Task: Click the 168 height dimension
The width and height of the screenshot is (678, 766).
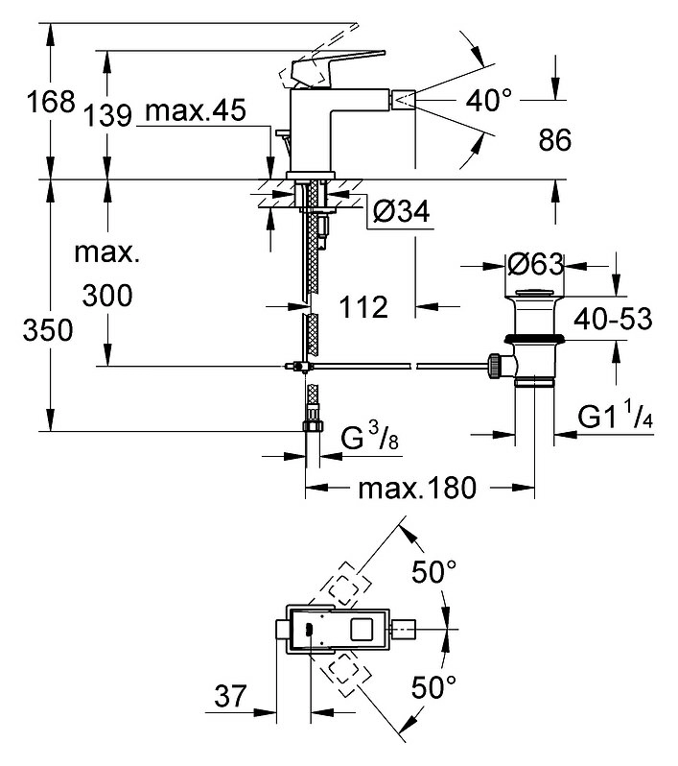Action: (51, 102)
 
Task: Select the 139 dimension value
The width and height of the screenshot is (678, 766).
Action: (107, 116)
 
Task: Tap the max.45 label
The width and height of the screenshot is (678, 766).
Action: (196, 110)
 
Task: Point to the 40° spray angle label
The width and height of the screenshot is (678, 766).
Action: (489, 101)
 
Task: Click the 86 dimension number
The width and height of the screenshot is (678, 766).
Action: (555, 139)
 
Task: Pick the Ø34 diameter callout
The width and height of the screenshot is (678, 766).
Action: (401, 211)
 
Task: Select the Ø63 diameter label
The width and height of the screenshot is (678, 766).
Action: (535, 265)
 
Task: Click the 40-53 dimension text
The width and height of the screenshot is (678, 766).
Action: (613, 319)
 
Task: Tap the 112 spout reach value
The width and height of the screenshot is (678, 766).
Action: (363, 307)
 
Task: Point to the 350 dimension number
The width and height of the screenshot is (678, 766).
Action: (48, 330)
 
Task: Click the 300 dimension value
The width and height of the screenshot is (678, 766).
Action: (107, 296)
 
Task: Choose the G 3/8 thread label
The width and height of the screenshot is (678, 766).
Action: (369, 437)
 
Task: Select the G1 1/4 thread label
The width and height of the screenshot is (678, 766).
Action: (615, 416)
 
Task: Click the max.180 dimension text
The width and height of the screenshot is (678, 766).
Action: (417, 488)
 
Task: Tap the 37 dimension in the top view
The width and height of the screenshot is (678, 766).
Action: (230, 696)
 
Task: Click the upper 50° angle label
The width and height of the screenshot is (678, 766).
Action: (434, 571)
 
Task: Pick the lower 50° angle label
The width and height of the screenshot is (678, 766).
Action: (434, 687)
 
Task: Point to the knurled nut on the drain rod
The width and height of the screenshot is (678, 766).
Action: (494, 366)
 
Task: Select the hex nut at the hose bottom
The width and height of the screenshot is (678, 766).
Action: (313, 426)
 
